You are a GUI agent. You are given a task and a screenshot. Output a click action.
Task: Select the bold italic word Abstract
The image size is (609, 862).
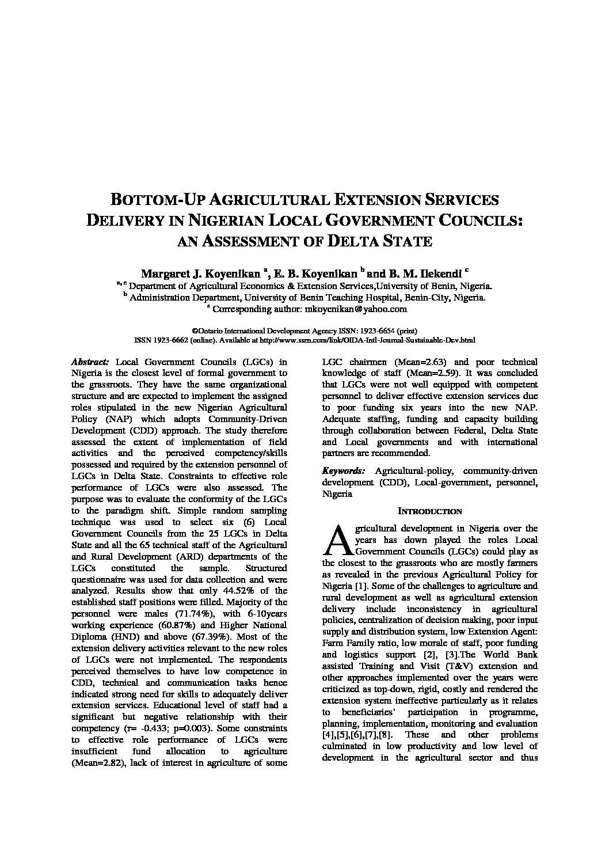(x=90, y=362)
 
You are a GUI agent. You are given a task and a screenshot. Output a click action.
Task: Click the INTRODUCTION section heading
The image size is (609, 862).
(x=430, y=511)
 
